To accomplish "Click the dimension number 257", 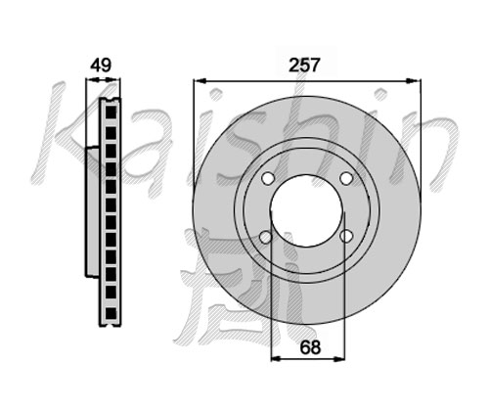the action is pos(305,65).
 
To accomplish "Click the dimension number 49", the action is pos(101,65).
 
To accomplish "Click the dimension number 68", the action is pos(310,347).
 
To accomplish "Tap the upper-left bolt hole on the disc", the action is pos(268,178).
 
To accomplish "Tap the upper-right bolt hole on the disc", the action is pos(346,178).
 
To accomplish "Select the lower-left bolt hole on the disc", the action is pos(266,237).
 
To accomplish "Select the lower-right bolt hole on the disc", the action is pos(346,236).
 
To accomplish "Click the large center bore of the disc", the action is pos(307,210).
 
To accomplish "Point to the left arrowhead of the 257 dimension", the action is pos(200,80).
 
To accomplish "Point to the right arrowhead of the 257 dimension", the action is pos(415,80).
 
